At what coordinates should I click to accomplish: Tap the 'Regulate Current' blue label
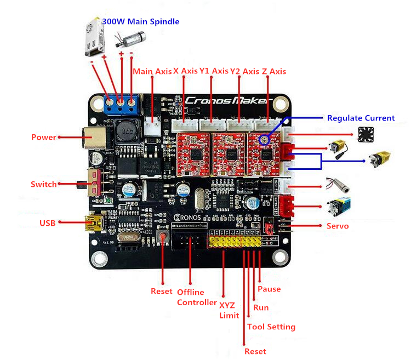(x=361, y=118)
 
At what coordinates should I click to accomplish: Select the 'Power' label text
(x=44, y=137)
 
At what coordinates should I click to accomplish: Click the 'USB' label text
(x=47, y=223)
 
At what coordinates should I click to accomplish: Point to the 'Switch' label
(x=44, y=184)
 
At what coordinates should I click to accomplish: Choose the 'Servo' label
(x=338, y=226)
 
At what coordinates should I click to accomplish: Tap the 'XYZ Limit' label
(x=229, y=310)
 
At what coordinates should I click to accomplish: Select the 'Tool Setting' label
(x=271, y=327)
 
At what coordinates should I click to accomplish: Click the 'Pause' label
(x=269, y=289)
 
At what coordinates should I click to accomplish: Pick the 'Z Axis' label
(x=273, y=71)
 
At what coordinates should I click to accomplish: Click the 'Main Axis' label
(x=152, y=71)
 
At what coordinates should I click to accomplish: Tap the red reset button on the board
(x=163, y=237)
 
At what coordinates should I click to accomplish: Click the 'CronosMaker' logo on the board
(x=227, y=100)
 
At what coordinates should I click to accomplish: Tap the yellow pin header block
(x=236, y=241)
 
